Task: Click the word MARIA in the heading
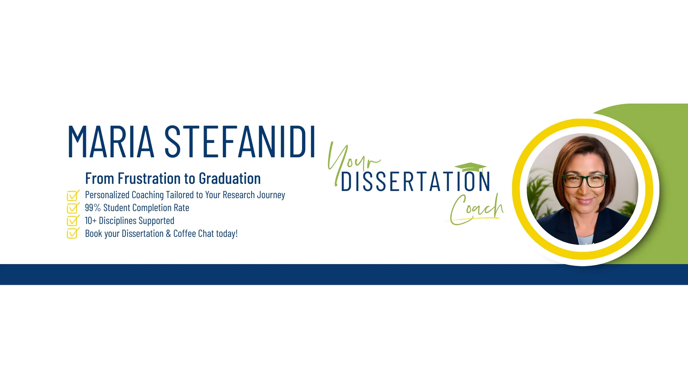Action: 111,142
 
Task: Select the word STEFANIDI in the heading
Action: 240,142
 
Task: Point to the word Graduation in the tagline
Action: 230,178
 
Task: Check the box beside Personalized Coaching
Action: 73,195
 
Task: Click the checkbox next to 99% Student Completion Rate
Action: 73,208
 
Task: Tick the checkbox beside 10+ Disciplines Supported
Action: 73,221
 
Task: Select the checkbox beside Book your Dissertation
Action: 73,234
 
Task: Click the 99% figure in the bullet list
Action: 93,208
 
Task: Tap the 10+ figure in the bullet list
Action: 91,221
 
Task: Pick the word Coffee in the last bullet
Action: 185,234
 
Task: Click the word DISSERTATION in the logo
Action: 415,182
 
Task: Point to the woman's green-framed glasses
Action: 585,181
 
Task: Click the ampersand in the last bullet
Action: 168,234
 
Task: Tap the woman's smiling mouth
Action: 585,201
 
